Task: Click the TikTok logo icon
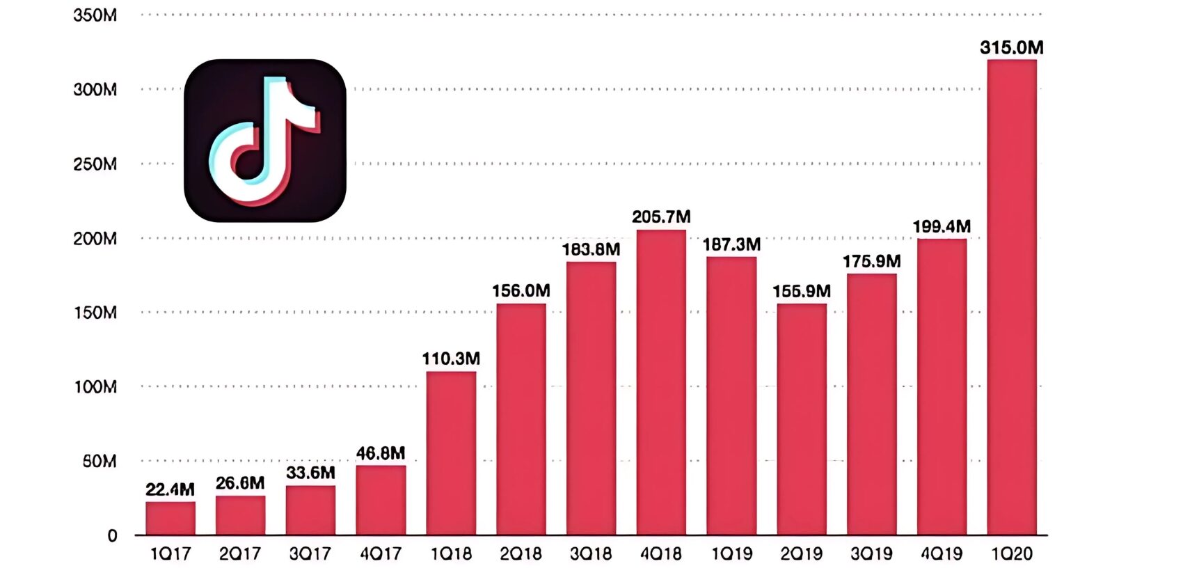[265, 141]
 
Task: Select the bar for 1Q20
[1012, 297]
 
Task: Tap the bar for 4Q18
[661, 382]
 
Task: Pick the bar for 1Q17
[170, 518]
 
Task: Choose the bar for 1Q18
[451, 453]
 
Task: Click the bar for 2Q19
[802, 419]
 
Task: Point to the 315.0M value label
[1012, 47]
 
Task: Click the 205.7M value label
[661, 217]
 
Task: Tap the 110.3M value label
[451, 359]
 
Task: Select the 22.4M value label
[170, 489]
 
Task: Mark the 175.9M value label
[871, 262]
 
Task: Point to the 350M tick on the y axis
[95, 15]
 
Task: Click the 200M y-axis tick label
[95, 239]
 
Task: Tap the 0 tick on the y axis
[112, 535]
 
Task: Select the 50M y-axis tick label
[100, 461]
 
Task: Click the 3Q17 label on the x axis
[310, 554]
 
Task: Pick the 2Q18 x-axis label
[521, 554]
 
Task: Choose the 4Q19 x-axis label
[942, 554]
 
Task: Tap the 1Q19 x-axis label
[731, 554]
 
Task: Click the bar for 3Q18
[591, 398]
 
